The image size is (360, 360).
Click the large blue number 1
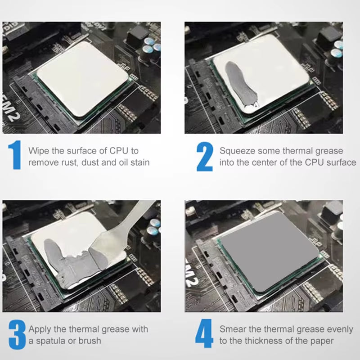15,155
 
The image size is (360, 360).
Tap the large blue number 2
205,157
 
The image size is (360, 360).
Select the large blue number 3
17,335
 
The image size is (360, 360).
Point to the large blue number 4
204,333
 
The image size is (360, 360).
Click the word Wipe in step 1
39,151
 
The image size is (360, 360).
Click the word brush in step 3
90,341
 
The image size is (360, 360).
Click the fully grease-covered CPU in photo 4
270,252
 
